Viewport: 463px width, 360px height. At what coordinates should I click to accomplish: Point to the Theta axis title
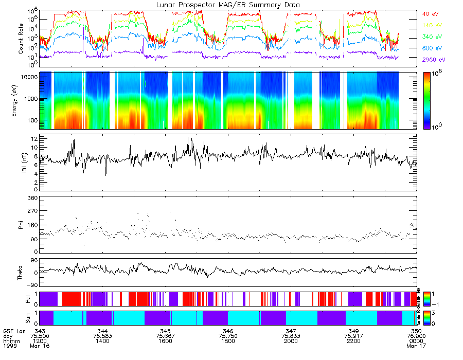[21, 273]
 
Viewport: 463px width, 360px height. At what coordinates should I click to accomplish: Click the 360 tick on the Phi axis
[32, 198]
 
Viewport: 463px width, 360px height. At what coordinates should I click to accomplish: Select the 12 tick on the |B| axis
[33, 139]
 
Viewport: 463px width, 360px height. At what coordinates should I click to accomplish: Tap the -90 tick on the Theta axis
[31, 285]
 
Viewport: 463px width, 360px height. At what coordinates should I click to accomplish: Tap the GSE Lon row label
[12, 331]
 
